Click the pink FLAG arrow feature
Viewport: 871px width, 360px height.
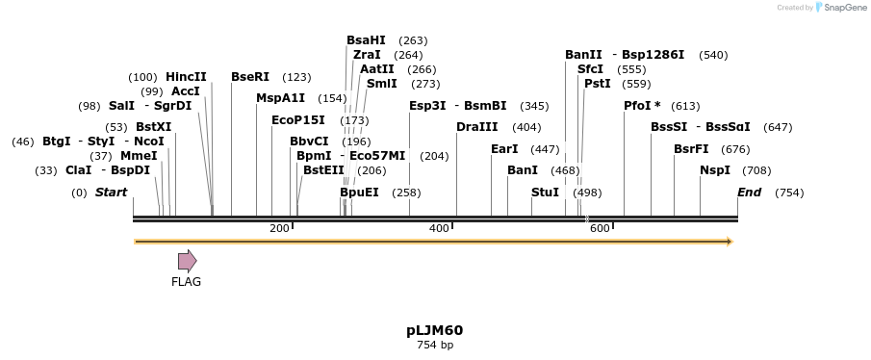187,260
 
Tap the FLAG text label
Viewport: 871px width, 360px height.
186,282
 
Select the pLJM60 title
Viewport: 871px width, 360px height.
434,330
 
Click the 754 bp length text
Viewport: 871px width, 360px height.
434,346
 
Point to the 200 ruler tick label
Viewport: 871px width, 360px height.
279,228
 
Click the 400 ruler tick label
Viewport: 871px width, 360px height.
439,228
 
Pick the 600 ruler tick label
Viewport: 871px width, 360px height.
600,228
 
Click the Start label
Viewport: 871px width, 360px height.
111,193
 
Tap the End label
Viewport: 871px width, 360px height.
749,193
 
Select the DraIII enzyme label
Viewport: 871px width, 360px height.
477,127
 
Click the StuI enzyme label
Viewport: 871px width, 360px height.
545,193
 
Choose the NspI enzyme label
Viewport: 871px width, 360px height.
715,170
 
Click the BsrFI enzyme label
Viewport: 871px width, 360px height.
691,149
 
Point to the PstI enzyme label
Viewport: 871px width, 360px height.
597,84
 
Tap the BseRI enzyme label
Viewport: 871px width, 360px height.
250,77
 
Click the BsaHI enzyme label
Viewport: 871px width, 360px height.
366,40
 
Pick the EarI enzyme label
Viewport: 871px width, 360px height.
504,149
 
